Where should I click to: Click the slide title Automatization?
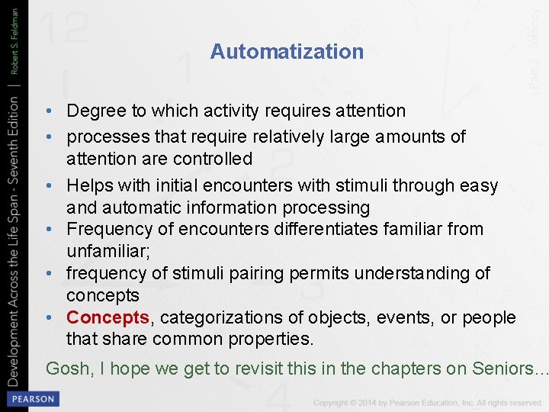point(287,52)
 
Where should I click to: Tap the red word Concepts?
point(107,317)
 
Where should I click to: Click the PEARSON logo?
point(32,399)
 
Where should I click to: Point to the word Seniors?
point(503,369)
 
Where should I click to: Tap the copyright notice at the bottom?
point(428,402)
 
